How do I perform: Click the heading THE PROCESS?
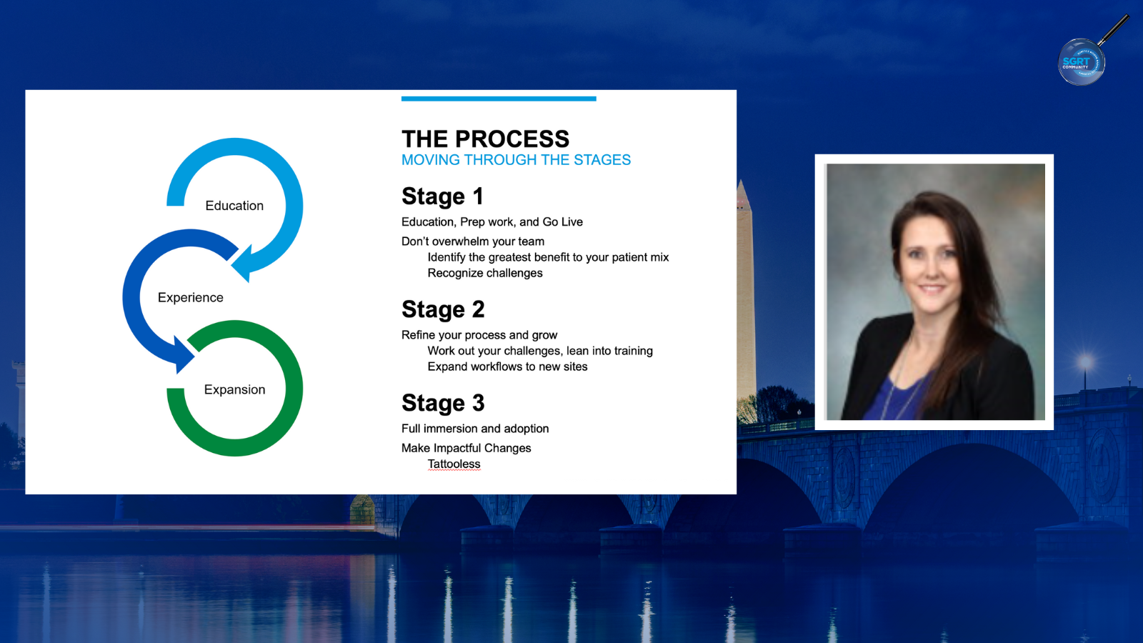pos(485,139)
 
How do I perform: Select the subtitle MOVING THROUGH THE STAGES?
pos(516,160)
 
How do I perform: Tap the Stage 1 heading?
pos(442,196)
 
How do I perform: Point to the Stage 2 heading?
pos(443,309)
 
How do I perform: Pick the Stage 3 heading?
pos(443,403)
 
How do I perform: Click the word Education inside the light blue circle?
pos(234,206)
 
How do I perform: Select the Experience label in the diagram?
pos(190,297)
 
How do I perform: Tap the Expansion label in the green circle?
pos(235,389)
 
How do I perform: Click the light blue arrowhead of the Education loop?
pos(244,263)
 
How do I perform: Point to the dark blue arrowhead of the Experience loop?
pos(183,354)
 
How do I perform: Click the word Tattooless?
pos(454,464)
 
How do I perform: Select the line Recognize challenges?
pos(485,273)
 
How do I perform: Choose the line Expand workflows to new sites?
pos(507,367)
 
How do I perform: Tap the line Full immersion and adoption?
pos(475,429)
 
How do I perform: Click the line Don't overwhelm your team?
pos(472,241)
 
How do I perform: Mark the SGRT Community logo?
pos(1082,62)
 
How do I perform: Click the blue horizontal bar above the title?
pos(499,99)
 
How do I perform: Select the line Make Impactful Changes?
pos(466,448)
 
